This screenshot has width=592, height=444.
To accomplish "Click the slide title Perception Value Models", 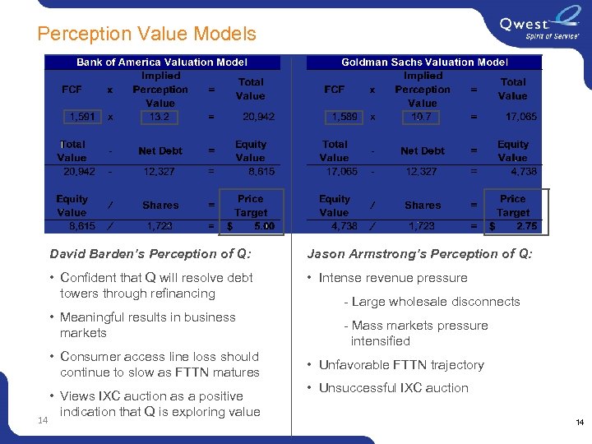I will pos(146,34).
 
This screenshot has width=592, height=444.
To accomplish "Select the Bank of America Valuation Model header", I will pos(161,62).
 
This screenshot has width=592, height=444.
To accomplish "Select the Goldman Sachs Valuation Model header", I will pos(424,62).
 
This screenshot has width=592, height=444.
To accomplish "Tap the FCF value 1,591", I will pos(81,117).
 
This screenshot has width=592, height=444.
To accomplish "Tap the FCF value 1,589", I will pos(344,117).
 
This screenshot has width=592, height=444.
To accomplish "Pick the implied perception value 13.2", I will pos(160,117).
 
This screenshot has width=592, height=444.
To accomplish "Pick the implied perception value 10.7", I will pos(422,117).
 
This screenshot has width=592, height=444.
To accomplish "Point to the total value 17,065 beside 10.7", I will pos(520,117).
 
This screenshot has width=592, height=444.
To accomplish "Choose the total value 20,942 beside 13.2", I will pos(259,117).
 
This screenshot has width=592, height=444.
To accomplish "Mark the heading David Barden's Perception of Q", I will pos(150,254).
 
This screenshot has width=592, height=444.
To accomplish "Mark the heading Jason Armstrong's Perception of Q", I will pos(419,254).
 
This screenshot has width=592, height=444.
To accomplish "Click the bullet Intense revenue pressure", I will pos(392,278).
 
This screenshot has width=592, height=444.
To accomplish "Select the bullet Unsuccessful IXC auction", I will pos(393,388).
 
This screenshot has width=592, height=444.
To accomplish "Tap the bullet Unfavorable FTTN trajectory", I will pos(401,365).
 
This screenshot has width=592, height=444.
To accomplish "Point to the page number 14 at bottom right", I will pos(580,423).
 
